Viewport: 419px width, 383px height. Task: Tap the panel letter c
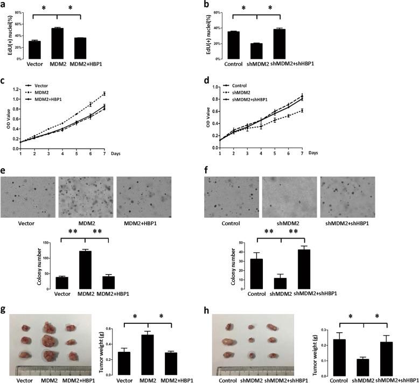(4, 81)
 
